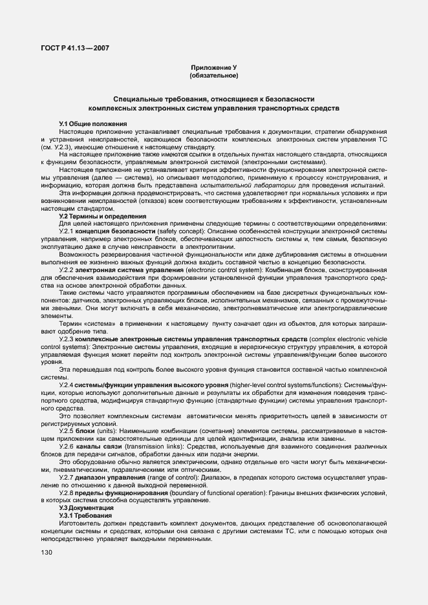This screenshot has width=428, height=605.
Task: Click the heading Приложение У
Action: [x=213, y=68]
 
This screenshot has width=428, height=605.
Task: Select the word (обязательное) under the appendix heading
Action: [x=213, y=76]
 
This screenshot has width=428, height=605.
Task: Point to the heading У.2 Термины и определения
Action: [x=103, y=216]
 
